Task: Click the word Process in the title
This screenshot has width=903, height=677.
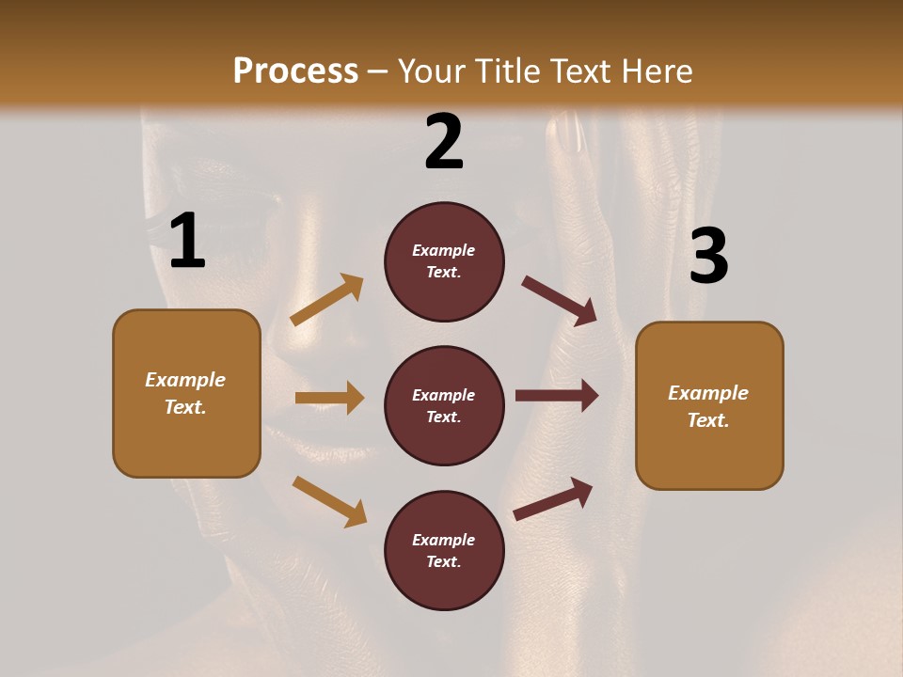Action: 295,71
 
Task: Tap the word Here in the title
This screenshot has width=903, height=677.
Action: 656,71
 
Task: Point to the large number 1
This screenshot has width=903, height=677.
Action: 187,242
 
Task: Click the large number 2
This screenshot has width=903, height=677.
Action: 444,141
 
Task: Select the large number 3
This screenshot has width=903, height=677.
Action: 708,257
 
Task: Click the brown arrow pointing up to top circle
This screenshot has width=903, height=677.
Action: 326,300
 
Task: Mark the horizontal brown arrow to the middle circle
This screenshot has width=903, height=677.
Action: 329,398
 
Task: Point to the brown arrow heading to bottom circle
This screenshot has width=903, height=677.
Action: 329,501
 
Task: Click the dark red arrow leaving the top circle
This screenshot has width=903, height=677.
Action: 560,300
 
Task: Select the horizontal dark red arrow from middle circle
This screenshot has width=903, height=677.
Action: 557,396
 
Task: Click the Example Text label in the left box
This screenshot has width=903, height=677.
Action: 185,393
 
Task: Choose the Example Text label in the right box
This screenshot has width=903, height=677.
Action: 708,406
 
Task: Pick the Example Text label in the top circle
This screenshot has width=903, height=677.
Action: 444,261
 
